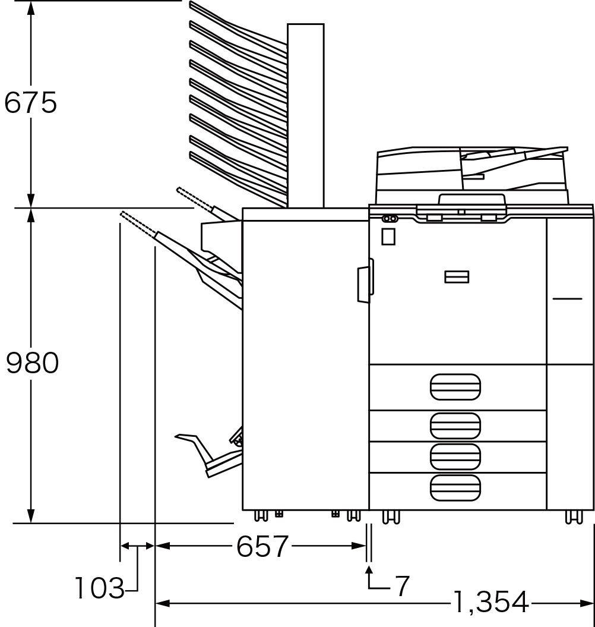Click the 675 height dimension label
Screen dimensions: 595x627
[30, 103]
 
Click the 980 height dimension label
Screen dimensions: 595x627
[33, 363]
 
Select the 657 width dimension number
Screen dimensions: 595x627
[262, 546]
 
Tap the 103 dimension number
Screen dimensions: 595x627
[100, 588]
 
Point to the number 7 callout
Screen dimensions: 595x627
[402, 586]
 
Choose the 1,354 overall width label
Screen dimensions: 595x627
[491, 602]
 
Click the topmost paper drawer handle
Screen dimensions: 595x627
[455, 387]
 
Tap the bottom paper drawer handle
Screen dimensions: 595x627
[455, 488]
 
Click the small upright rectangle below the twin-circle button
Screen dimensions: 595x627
[388, 237]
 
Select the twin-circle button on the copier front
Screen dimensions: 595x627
[390, 219]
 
